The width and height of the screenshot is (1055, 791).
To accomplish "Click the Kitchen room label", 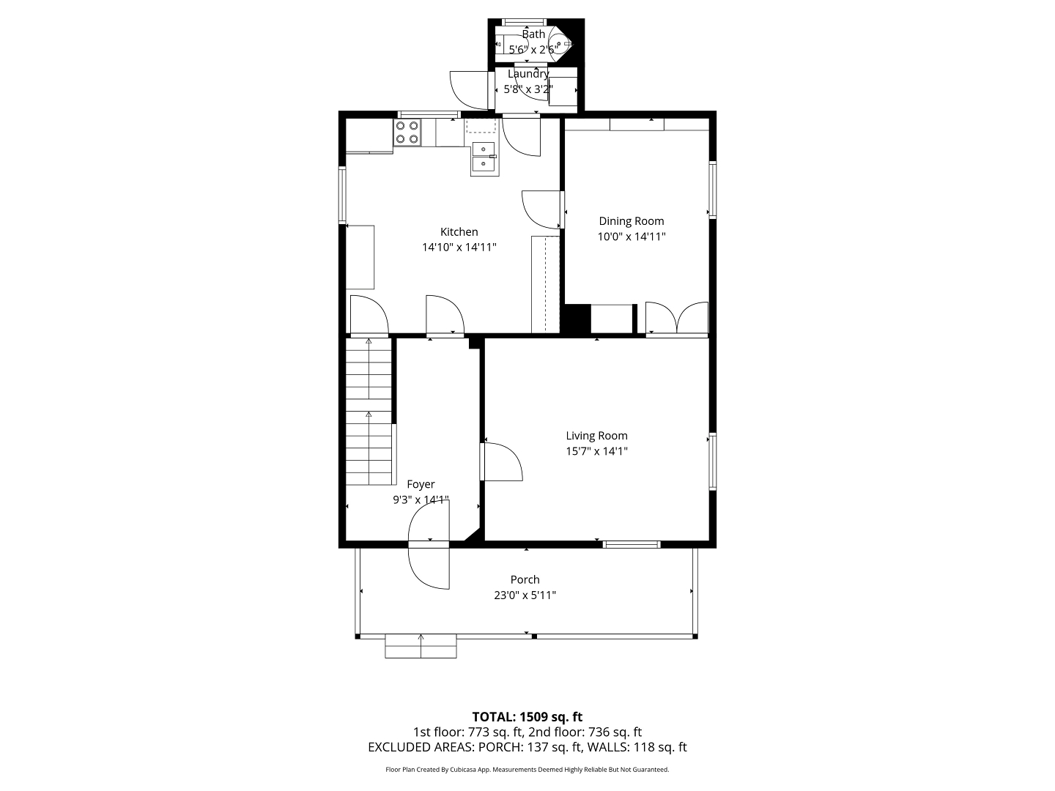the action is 459,232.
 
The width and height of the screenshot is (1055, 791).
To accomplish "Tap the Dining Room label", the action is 631,221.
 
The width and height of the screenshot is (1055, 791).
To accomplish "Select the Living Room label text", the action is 596,436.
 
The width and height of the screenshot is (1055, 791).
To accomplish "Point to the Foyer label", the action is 421,484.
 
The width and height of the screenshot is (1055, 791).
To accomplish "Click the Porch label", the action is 525,579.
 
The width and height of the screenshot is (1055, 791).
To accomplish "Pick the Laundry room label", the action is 528,74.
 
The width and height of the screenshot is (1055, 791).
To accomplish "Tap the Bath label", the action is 533,34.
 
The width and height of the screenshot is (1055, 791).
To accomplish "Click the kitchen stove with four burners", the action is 407,133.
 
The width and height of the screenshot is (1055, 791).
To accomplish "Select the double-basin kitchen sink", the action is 484,157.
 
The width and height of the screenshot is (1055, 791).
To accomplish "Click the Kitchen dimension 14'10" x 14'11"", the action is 459,248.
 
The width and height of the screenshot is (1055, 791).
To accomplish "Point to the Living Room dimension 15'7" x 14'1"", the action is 596,451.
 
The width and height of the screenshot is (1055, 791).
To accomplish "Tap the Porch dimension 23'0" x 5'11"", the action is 525,595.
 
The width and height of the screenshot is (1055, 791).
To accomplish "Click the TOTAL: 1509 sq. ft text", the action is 527,717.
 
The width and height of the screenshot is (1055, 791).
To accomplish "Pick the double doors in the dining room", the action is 677,317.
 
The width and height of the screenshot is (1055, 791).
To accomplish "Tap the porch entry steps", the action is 421,646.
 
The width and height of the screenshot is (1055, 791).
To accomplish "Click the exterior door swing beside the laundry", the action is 469,90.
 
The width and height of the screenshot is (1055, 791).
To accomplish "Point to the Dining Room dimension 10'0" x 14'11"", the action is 631,237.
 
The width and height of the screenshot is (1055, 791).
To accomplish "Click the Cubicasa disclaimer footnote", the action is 527,770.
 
